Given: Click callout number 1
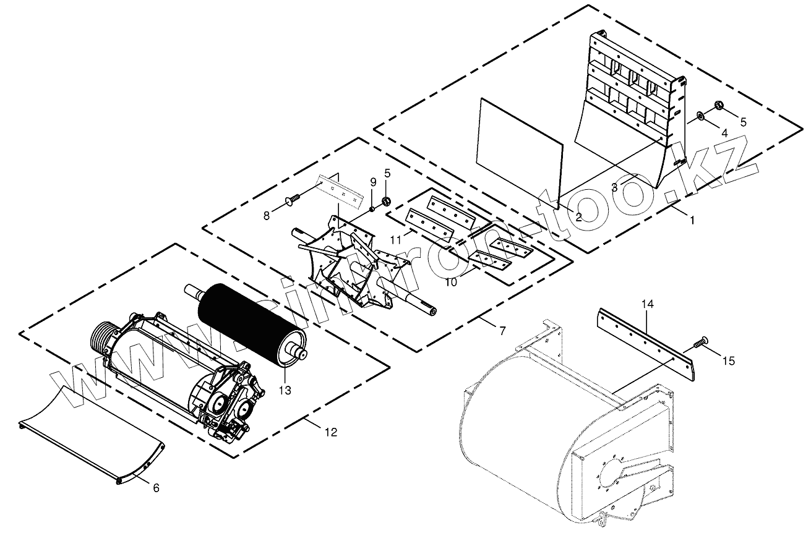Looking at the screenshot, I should (692, 219).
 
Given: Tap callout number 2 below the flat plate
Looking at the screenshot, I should (578, 217).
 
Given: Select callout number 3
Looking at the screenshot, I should (614, 187).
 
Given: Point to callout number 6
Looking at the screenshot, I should (156, 488).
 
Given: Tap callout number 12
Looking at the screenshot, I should (331, 432).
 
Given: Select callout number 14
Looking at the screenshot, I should (647, 304).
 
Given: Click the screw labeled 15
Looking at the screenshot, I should (702, 340).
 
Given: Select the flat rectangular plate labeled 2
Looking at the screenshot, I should (520, 151).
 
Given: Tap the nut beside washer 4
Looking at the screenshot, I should (719, 104).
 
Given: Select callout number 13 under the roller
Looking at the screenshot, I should (285, 390).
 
